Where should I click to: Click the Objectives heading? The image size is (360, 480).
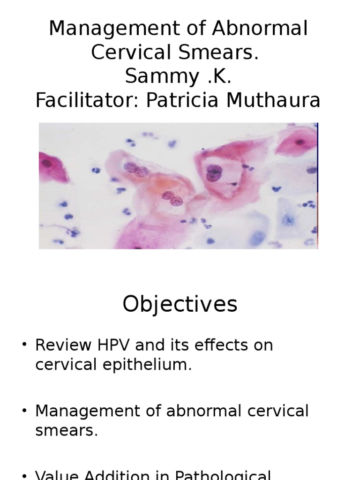pyautogui.click(x=180, y=305)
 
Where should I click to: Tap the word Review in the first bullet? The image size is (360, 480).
pyautogui.click(x=62, y=345)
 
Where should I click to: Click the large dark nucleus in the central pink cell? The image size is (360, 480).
pyautogui.click(x=214, y=173)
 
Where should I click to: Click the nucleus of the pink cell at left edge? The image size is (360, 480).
pyautogui.click(x=47, y=164)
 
